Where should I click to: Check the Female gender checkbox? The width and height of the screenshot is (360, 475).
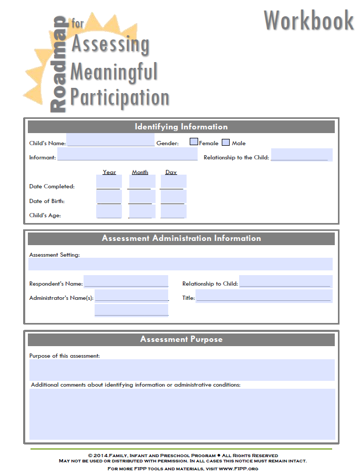pos(193,142)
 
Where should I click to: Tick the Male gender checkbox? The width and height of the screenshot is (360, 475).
pos(226,142)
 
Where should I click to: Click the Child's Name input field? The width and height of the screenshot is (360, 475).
pos(110,141)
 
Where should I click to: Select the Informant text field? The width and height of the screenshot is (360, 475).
pos(127,155)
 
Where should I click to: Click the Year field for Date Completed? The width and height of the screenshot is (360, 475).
pos(109,182)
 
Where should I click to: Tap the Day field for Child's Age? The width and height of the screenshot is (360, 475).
pos(173,211)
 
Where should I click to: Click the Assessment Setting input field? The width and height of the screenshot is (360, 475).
pos(180,264)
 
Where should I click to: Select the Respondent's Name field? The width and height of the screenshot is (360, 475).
pos(126,282)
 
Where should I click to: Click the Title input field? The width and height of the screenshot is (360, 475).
pos(264,296)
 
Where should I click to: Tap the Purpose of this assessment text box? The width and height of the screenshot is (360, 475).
pos(182,370)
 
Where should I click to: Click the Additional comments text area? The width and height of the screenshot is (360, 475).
pos(182,414)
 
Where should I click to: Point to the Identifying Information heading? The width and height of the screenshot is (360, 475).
pos(181,127)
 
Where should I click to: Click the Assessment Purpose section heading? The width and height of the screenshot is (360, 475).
pos(181,339)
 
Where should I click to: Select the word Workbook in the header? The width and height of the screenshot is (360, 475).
pos(308,20)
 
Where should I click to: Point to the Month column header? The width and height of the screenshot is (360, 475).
pos(140,172)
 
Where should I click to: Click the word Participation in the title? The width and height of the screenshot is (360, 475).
pos(120,97)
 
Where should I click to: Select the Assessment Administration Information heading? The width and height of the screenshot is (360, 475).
pos(181,238)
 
